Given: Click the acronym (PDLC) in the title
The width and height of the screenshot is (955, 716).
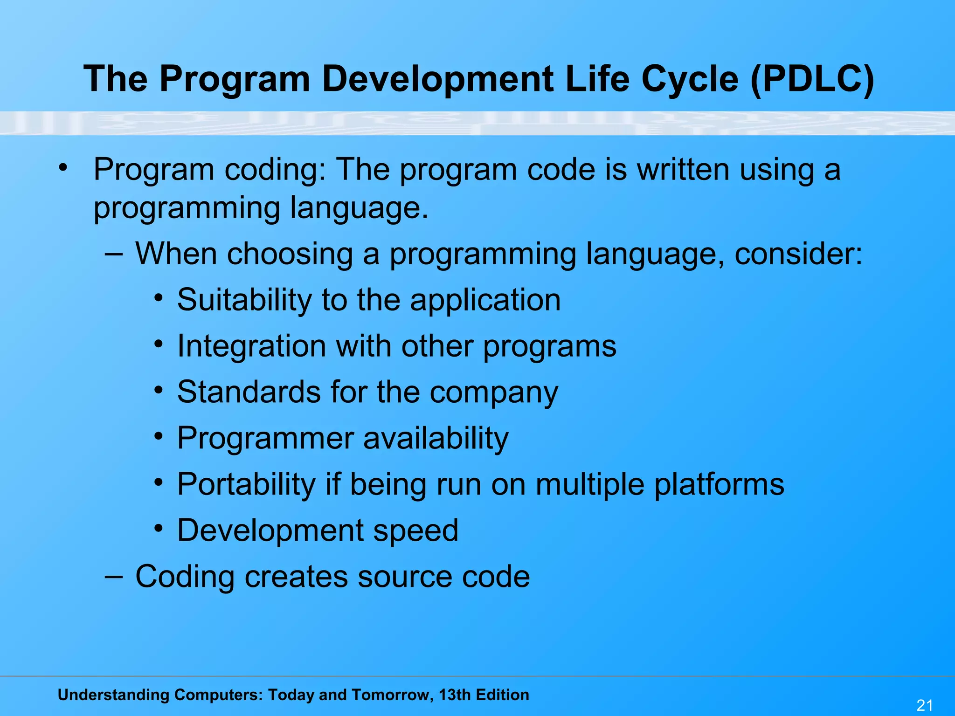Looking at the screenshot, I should pyautogui.click(x=812, y=79).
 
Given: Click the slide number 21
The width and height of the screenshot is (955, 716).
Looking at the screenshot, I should pyautogui.click(x=925, y=705).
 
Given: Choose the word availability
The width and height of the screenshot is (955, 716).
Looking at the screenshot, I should pyautogui.click(x=436, y=439).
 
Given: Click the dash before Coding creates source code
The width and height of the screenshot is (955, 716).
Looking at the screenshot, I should pyautogui.click(x=114, y=577).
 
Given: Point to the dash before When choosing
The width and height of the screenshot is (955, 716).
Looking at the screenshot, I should pyautogui.click(x=114, y=254).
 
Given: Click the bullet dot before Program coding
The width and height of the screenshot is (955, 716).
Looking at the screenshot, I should pyautogui.click(x=63, y=167).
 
